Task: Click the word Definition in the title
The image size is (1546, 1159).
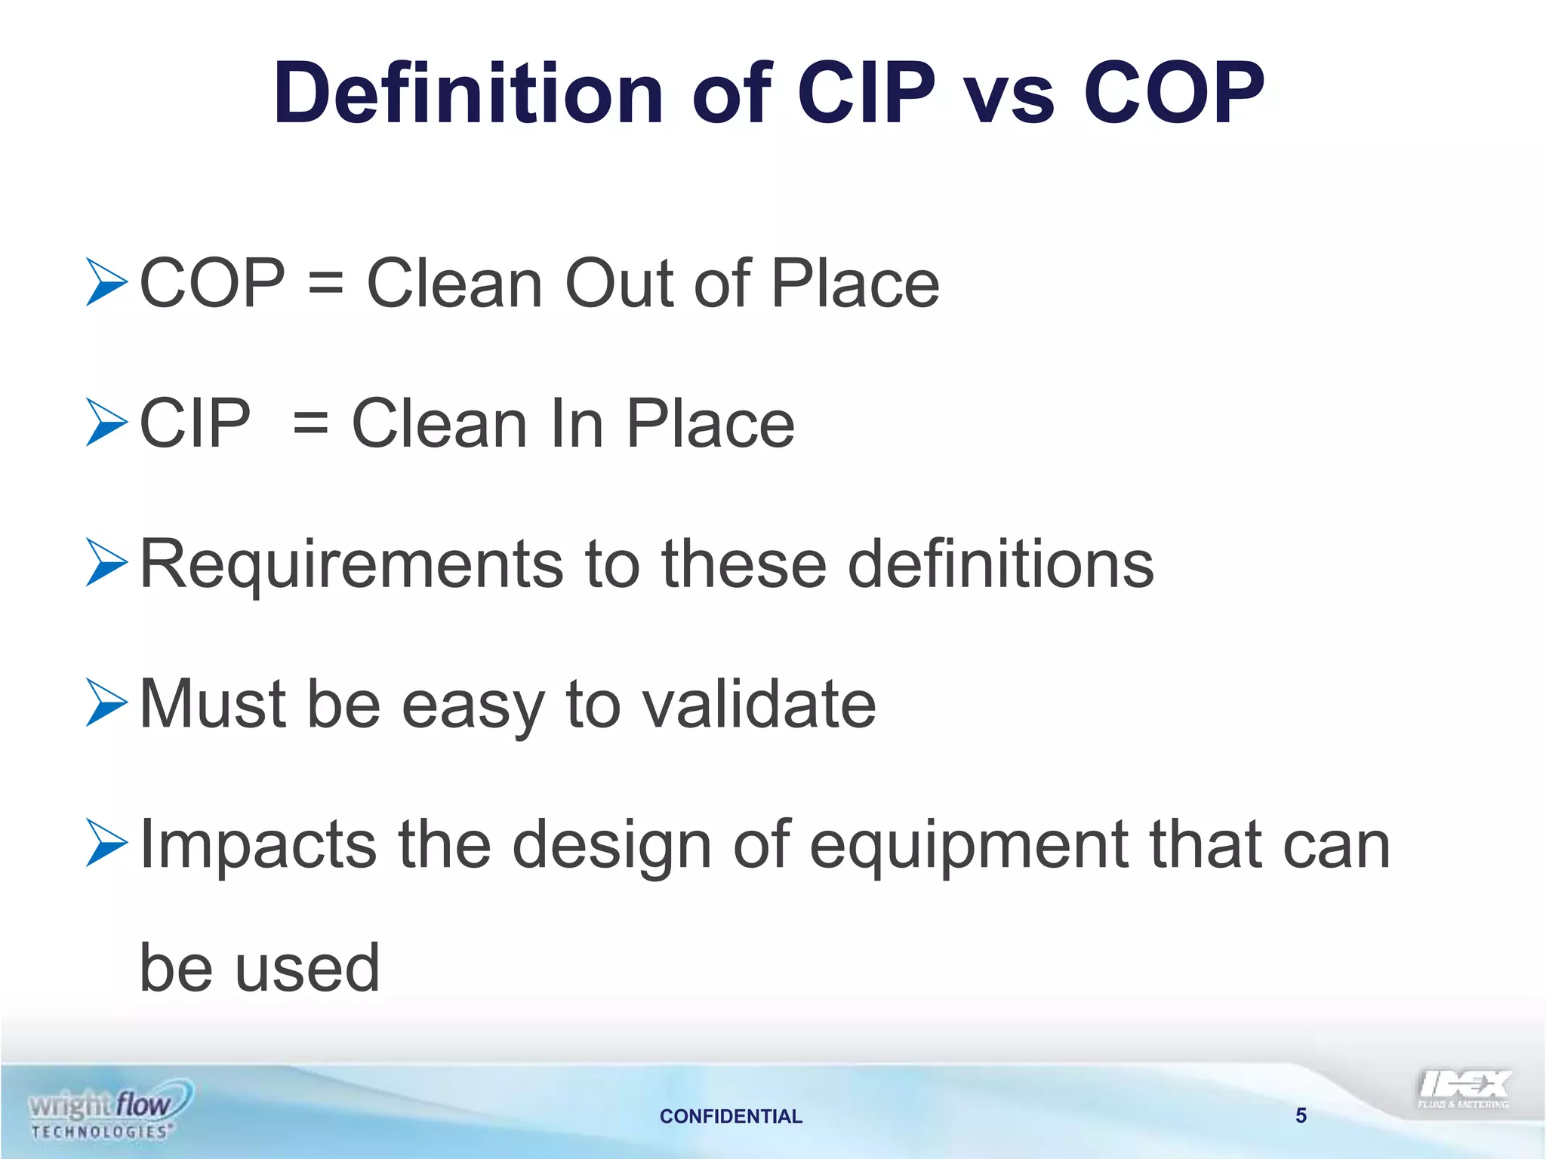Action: [x=468, y=94]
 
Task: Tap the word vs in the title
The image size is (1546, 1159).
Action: [x=1010, y=95]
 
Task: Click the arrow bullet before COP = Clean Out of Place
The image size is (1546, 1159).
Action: [x=106, y=282]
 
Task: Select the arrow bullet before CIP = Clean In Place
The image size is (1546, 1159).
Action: [x=106, y=422]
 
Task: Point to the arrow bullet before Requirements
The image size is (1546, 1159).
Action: [x=106, y=562]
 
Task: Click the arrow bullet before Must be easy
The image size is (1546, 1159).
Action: [x=106, y=702]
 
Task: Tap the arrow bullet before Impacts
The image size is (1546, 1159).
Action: [x=106, y=843]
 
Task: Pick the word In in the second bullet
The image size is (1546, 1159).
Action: [x=577, y=423]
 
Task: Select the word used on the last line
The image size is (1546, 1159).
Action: [x=307, y=969]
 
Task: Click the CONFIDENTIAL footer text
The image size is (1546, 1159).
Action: [x=731, y=1116]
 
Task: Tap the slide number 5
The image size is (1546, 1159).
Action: [x=1301, y=1115]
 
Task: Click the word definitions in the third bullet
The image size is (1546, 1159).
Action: [x=1001, y=564]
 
